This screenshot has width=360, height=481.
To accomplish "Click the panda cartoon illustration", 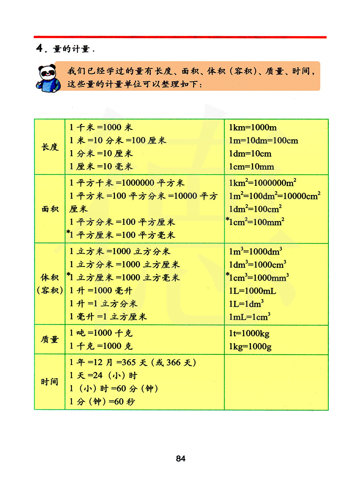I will tap(48, 78).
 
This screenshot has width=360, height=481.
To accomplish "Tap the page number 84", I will tap(181, 458).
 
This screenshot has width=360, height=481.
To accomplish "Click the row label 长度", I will tap(50, 147).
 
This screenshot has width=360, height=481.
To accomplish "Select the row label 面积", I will tap(50, 209).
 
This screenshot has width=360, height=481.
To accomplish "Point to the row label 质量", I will tap(50, 340).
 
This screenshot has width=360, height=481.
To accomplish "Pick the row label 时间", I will tap(50, 382).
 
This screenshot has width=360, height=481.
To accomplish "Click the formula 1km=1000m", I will tap(253, 127).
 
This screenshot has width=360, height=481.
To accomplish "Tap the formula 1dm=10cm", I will tap(250, 154).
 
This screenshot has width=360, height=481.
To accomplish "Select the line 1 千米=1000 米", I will tap(101, 127).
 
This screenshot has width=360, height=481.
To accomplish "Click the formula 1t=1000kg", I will tap(249, 333).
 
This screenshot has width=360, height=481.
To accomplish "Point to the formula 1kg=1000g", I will tap(250, 346).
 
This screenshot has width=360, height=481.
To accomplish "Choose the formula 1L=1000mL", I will tap(252, 291).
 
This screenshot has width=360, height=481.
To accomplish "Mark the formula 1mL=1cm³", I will tap(249, 317).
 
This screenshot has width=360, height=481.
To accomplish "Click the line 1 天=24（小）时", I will tap(103, 376).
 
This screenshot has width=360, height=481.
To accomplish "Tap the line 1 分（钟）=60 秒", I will tap(102, 401).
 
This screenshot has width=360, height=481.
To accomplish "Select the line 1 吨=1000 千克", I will tap(101, 333).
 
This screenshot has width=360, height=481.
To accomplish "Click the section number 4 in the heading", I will tap(40, 48).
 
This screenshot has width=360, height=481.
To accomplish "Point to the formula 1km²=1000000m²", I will tap(262, 183).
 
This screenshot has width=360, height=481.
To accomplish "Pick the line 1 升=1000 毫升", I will tap(101, 291).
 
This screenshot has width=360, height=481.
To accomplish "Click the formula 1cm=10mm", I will tap(251, 167).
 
